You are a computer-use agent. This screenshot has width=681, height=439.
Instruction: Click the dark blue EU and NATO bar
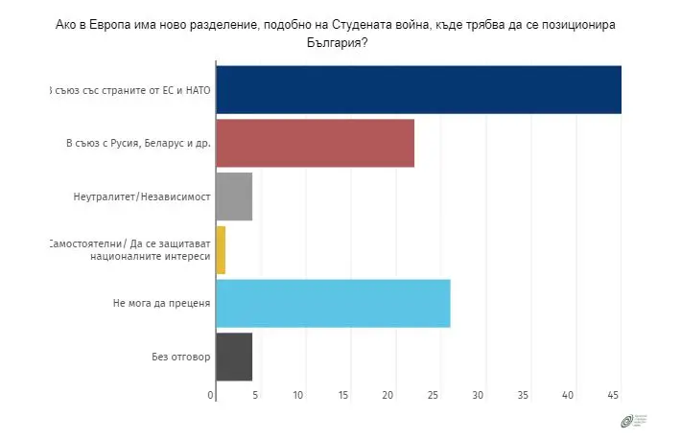[x=418, y=90]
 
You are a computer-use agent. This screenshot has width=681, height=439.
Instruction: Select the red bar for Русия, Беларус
[x=315, y=144]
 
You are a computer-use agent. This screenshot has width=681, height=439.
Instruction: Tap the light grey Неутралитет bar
[x=234, y=196]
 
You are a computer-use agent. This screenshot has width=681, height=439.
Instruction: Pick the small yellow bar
[x=221, y=250]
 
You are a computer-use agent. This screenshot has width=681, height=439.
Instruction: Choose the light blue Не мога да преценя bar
[x=333, y=304]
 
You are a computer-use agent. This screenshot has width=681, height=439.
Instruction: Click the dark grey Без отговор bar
[x=234, y=357]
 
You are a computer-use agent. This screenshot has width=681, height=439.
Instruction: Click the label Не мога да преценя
[x=161, y=304]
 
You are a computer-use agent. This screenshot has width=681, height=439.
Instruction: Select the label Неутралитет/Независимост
[x=141, y=197]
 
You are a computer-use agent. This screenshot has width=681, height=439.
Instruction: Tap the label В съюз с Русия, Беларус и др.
[x=138, y=144]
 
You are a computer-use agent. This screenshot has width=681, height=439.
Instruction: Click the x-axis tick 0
[x=211, y=395]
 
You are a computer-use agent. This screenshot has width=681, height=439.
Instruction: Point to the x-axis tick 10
[x=299, y=395]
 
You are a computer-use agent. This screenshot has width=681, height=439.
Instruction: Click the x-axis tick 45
[x=614, y=395]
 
